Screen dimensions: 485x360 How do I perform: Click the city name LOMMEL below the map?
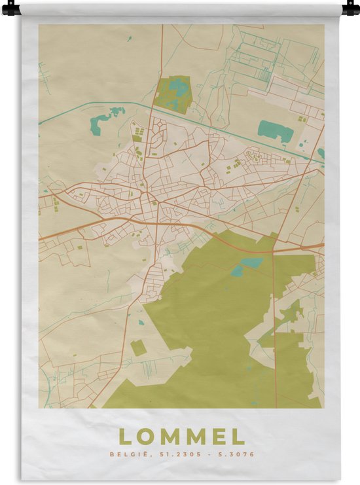point(181,437)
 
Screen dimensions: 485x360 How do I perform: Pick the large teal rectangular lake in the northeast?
point(276,131)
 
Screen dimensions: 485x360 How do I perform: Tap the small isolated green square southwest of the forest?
point(138,348)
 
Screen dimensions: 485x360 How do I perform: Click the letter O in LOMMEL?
point(145,437)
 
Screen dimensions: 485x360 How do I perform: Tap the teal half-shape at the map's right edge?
point(321,154)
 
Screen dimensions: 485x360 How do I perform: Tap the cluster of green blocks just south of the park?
point(139,134)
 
